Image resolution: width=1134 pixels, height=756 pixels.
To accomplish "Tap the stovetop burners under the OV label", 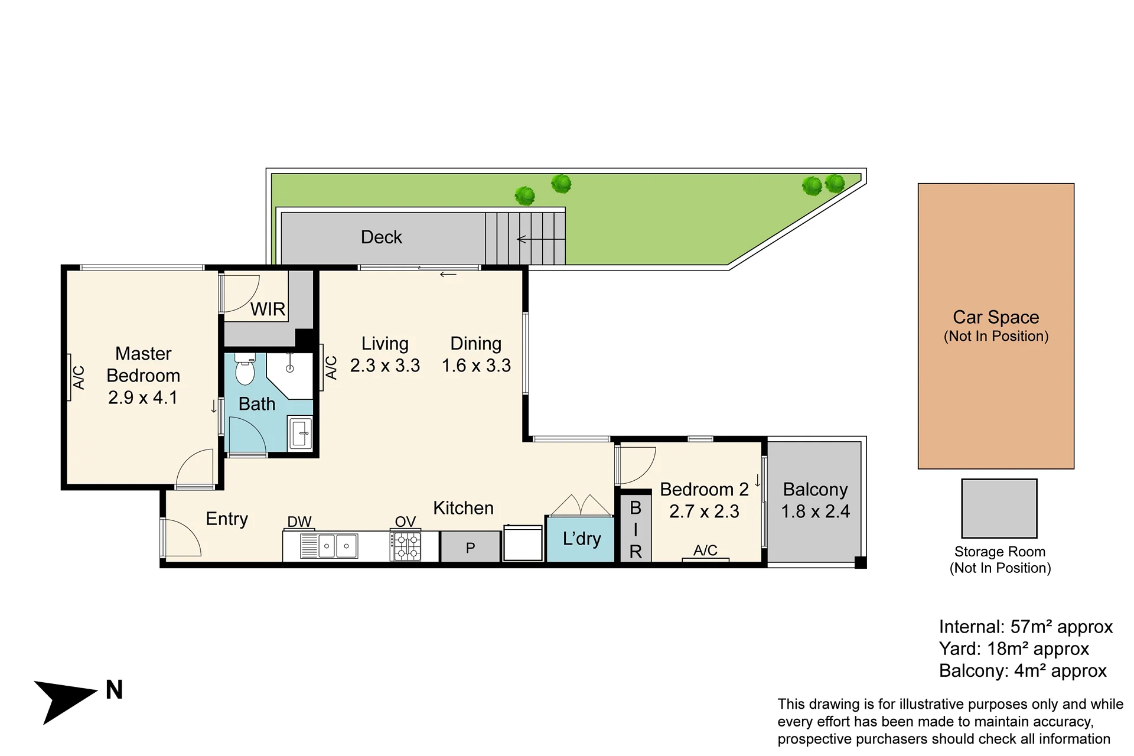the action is [x=406, y=546].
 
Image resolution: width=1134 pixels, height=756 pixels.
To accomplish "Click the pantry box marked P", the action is [x=470, y=547].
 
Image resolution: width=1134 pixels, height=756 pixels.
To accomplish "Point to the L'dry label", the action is [x=582, y=539].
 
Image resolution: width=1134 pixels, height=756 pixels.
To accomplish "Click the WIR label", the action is [x=268, y=309].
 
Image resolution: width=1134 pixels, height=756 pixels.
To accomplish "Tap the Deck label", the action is [x=382, y=237].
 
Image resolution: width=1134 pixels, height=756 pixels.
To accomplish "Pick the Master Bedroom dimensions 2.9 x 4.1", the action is [x=143, y=397].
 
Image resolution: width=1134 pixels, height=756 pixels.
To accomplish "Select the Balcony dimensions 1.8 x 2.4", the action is [x=816, y=511].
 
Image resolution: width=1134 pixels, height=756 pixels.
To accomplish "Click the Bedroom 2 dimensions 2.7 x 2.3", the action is [x=704, y=511].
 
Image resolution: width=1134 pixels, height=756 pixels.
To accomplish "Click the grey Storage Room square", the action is [x=999, y=509].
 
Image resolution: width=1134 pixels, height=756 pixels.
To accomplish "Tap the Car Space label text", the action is [x=996, y=317].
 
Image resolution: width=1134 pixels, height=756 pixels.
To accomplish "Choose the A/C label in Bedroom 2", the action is [x=705, y=550].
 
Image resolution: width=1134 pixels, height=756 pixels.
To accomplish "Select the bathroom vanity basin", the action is [x=301, y=433].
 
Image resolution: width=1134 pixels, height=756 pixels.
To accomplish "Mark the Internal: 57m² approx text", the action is [x=1026, y=627].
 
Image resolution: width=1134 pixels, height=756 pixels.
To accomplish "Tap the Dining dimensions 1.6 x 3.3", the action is [x=476, y=366].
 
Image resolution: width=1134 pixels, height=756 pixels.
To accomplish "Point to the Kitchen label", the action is [x=463, y=508].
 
